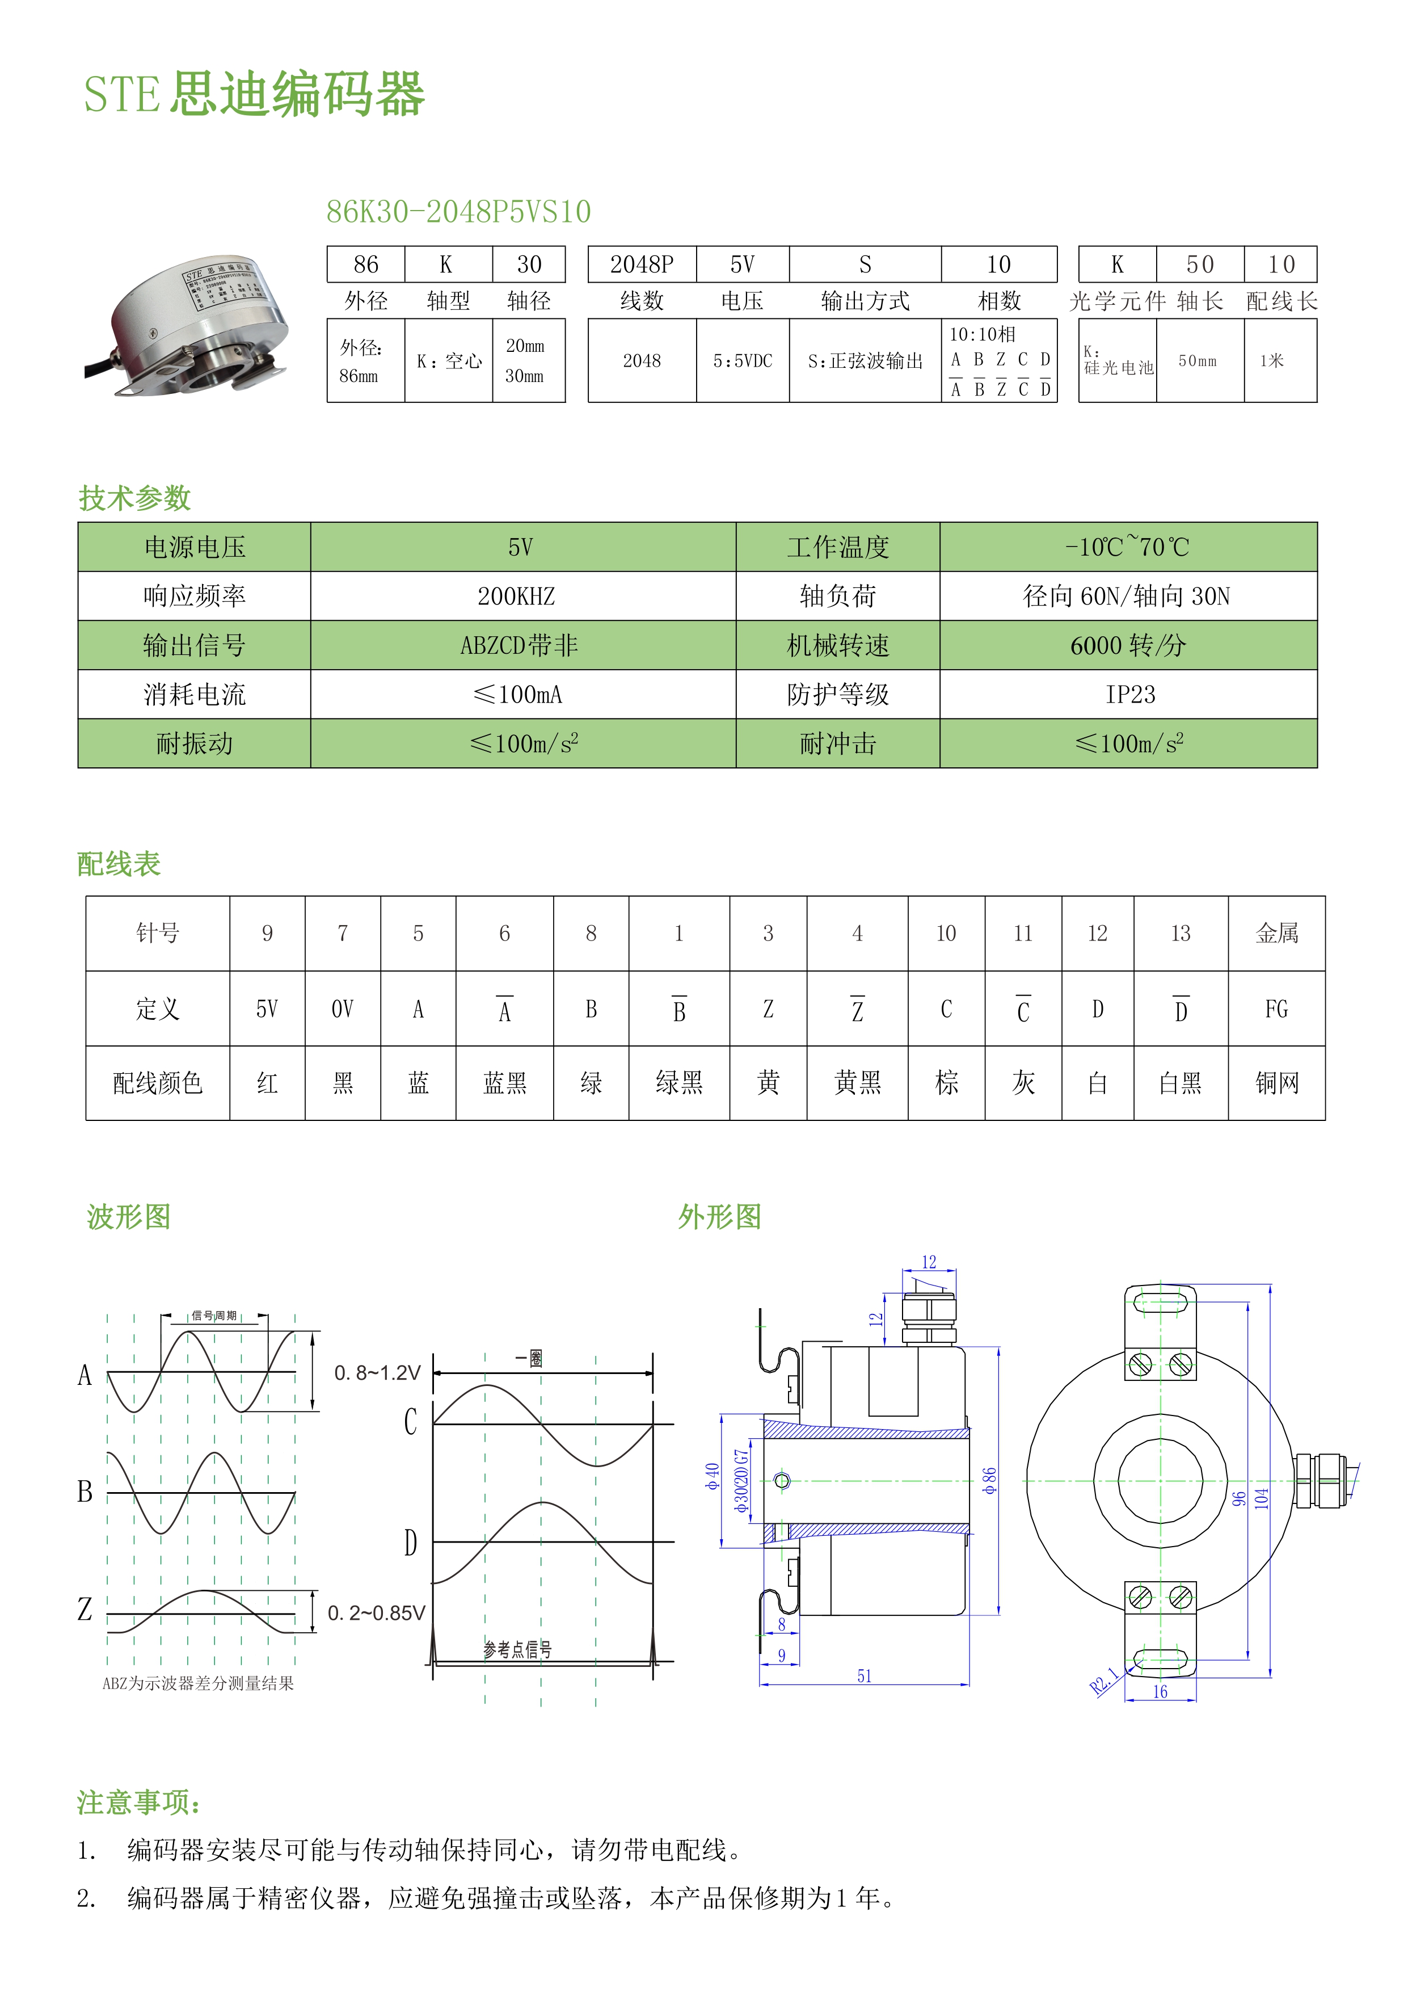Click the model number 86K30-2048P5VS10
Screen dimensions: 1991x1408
tap(458, 212)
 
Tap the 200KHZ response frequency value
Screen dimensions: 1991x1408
tap(517, 597)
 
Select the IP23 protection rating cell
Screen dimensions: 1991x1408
tap(1129, 695)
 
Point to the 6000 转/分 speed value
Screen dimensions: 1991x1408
tap(1127, 646)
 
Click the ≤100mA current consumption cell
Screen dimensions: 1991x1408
tap(518, 695)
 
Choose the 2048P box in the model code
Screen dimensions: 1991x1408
tap(642, 264)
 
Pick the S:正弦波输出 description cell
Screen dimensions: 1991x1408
tap(865, 361)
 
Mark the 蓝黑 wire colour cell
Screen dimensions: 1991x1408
tap(504, 1083)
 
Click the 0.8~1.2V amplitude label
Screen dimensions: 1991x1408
tap(377, 1373)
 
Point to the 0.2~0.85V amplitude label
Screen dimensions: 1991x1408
tap(376, 1613)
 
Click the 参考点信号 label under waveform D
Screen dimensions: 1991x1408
tap(517, 1649)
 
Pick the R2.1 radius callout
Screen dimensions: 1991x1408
tap(1103, 1681)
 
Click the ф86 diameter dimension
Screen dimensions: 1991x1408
tap(989, 1480)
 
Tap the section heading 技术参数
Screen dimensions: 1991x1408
tap(134, 498)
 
